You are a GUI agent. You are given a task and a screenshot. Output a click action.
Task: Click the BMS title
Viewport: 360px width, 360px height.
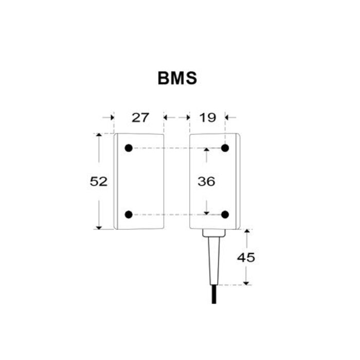point(177,79)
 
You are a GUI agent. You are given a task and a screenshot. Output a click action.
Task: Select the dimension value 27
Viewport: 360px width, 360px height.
point(140,118)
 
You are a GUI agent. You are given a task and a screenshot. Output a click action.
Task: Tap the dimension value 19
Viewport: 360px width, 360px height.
point(208,118)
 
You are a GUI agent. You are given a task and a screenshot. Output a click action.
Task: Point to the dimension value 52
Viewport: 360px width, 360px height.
point(99,182)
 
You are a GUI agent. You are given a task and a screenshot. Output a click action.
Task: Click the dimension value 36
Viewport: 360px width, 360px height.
point(206,182)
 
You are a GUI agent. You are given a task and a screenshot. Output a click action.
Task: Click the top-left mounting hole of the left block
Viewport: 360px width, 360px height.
point(129,148)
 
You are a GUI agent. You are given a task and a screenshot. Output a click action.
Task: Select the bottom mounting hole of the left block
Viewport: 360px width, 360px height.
point(129,214)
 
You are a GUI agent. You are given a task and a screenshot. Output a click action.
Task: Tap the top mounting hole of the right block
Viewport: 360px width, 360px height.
point(225,148)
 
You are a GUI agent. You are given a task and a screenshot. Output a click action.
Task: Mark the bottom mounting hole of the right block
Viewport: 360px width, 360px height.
point(225,214)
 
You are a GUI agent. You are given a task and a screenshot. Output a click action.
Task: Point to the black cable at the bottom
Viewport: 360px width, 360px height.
point(214,296)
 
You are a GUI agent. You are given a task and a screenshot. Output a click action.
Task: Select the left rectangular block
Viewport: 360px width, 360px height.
point(139,181)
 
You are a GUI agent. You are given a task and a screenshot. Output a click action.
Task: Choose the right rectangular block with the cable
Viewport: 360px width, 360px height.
point(214,181)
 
